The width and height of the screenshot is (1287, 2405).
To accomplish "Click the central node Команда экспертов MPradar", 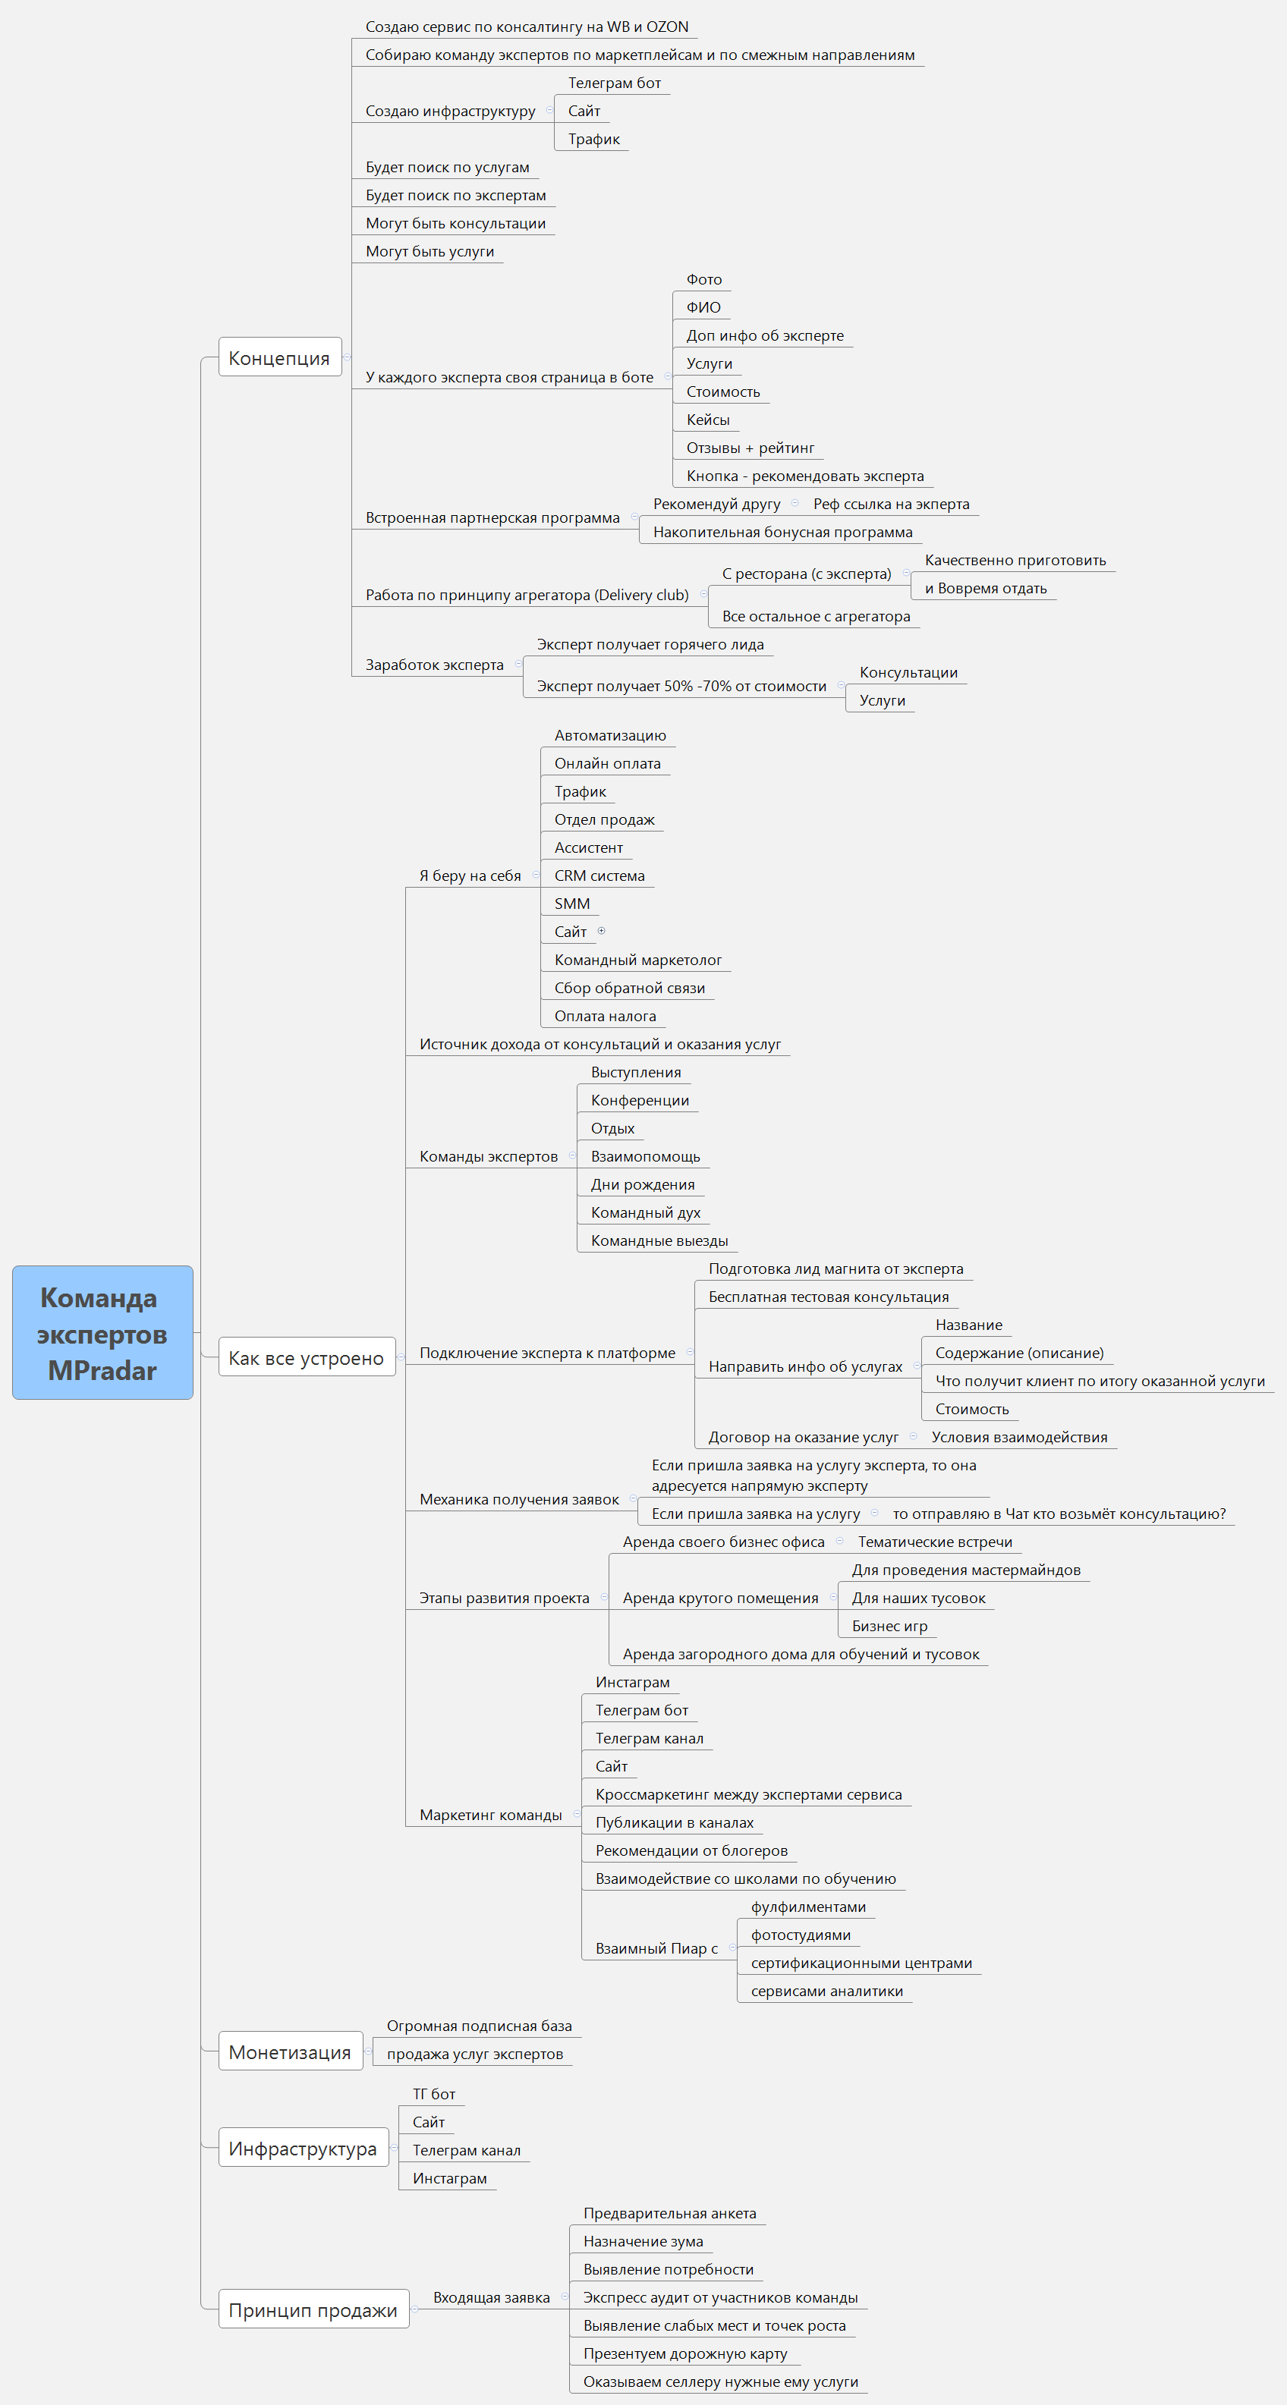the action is tap(102, 1332).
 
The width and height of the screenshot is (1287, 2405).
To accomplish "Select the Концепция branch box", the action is tap(280, 357).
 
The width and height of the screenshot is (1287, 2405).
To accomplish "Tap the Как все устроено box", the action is tap(307, 1357).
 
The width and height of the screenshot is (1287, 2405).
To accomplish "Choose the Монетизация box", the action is tap(291, 2051).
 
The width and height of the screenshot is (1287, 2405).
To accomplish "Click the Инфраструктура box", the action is tap(304, 2149).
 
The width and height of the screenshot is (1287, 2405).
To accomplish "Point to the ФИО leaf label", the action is tap(703, 307).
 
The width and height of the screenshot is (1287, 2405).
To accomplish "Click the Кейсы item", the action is tap(708, 420).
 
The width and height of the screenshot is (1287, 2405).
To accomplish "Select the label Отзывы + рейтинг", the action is tap(750, 447).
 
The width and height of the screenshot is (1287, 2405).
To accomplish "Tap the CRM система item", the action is tap(599, 876).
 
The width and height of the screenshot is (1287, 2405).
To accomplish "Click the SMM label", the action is tap(572, 904).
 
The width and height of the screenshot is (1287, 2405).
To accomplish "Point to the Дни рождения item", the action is tap(643, 1184).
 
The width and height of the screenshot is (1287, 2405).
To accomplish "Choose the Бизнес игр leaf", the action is tap(890, 1625).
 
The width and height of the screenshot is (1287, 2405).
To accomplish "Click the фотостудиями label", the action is tap(801, 1935).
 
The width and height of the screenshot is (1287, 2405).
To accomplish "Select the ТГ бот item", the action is tap(434, 2094).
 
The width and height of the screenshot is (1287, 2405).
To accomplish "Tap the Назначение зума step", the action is tap(643, 2240).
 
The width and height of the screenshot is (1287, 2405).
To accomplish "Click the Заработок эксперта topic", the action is tap(434, 665).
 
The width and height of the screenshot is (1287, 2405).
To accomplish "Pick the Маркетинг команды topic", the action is tap(490, 1814).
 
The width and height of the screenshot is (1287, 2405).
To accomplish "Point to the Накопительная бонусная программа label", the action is tap(782, 532).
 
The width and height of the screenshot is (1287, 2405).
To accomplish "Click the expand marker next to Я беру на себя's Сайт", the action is tap(602, 931).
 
